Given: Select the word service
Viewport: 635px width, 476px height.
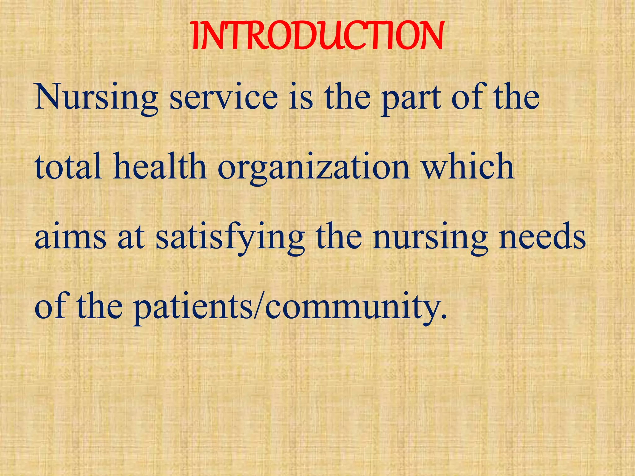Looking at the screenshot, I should click(x=224, y=97).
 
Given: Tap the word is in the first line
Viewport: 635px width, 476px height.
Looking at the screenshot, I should click(x=301, y=97).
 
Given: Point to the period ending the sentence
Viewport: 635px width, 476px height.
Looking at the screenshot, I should click(x=444, y=317).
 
